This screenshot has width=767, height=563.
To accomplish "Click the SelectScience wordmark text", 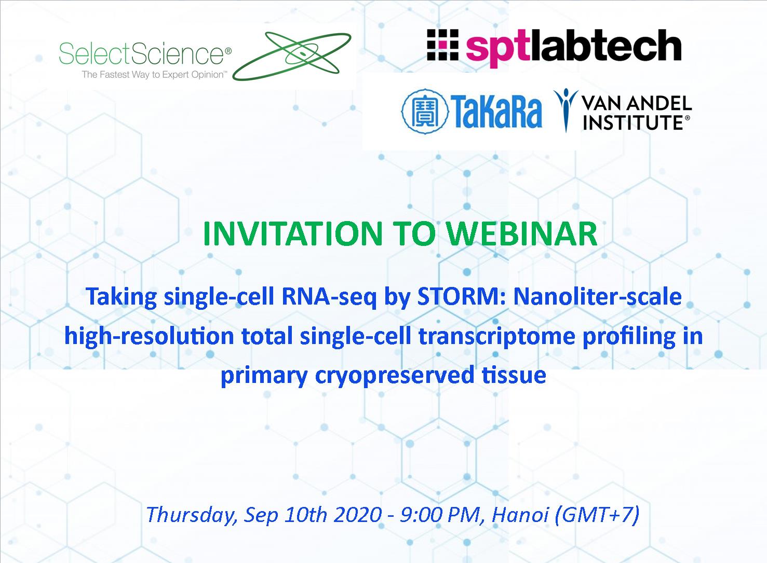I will coord(145,54).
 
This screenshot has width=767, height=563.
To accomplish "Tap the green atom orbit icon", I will coord(292,56).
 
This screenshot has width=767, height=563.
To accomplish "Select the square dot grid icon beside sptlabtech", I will coord(442,45).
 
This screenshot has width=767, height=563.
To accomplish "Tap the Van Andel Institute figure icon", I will coord(566,109).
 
